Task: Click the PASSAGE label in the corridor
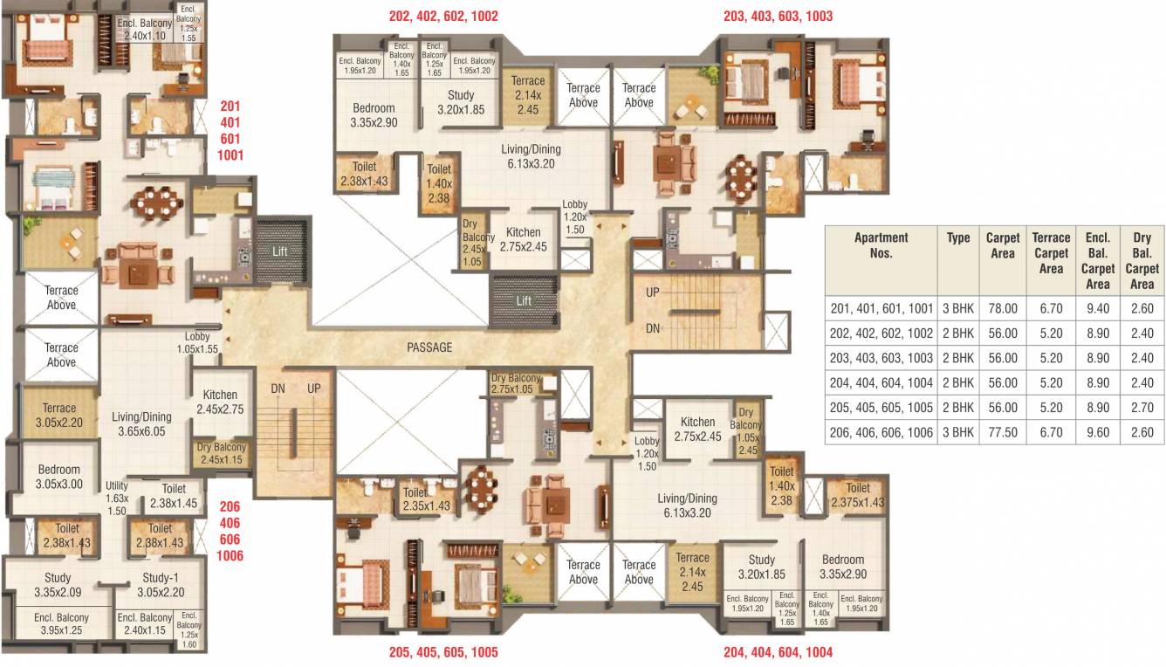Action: [429, 347]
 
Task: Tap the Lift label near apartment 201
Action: [278, 251]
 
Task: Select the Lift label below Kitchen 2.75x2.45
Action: [524, 301]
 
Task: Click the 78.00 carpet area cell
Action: [1002, 308]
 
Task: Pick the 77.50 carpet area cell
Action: [1002, 432]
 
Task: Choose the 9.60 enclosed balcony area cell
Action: [1097, 432]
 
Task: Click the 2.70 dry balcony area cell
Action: [1142, 408]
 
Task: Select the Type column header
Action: [958, 238]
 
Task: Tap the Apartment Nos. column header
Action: [881, 245]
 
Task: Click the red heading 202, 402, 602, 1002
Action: [443, 16]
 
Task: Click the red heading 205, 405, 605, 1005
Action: [443, 652]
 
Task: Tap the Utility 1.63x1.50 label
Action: [117, 499]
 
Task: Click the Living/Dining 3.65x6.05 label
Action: [141, 424]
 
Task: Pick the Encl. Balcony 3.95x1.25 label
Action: [58, 624]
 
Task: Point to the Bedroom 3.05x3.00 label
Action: [58, 477]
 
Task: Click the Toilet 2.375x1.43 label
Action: [858, 495]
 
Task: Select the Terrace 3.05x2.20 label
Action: [59, 415]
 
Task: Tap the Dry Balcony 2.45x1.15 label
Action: [222, 453]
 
